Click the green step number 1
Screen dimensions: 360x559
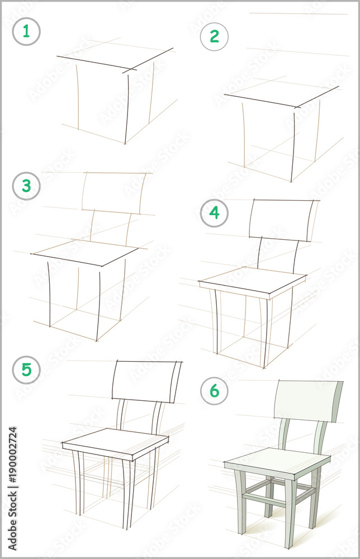coord(26,32)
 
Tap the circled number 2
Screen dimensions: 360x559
coord(214,36)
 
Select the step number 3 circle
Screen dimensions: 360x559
coord(26,186)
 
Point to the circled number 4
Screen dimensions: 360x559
coord(214,213)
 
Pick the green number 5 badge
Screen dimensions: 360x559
coord(26,369)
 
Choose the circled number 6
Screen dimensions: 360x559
coord(214,391)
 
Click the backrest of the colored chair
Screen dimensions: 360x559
coord(309,401)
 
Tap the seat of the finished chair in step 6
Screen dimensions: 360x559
coord(277,463)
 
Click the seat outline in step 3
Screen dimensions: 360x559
coord(85,253)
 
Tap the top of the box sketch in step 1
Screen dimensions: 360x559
coord(115,58)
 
